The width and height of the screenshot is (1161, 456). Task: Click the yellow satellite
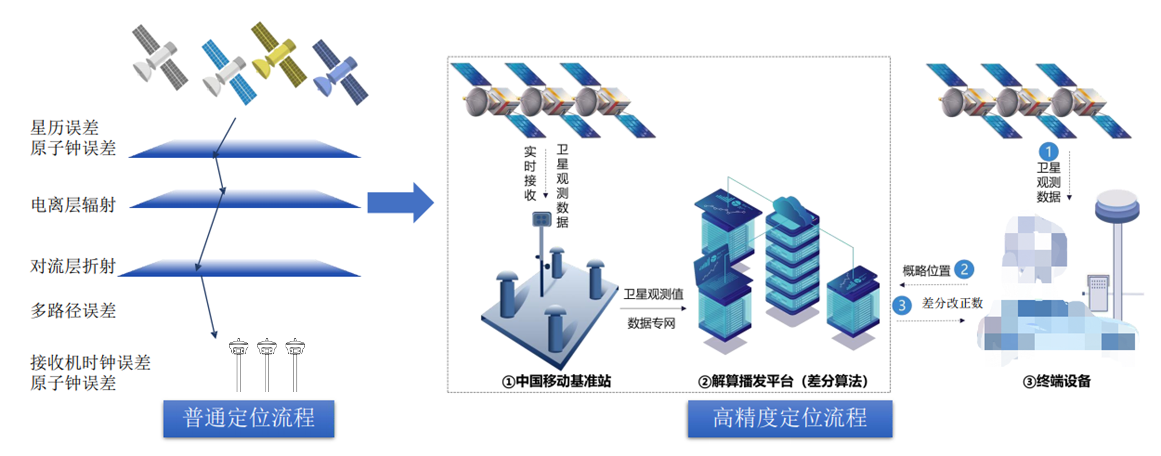point(278,55)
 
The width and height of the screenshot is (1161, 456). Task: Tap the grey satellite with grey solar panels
point(159,58)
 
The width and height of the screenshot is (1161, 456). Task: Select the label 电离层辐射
point(73,205)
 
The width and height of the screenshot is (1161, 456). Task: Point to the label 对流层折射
point(73,265)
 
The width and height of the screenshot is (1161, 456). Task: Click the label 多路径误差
point(73,310)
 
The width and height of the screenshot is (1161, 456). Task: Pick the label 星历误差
point(64,128)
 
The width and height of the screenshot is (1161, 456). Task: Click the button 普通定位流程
point(249,418)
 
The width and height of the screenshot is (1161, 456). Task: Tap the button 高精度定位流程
point(790,418)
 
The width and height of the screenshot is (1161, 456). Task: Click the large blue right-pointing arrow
point(400,203)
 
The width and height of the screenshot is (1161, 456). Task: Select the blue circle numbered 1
point(1049,152)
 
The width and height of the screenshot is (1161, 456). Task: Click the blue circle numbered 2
point(964,270)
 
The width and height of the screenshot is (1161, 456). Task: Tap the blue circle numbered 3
point(902,305)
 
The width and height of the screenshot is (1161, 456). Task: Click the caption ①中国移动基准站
point(556,381)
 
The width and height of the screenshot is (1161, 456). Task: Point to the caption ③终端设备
point(1057,381)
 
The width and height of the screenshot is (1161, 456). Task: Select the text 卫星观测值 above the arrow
point(653,294)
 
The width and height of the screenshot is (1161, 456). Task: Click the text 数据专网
point(651,323)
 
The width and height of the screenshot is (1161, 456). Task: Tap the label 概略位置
point(926,271)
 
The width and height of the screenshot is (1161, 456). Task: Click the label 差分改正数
point(952,303)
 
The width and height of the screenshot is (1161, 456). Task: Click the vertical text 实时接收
point(530,173)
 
